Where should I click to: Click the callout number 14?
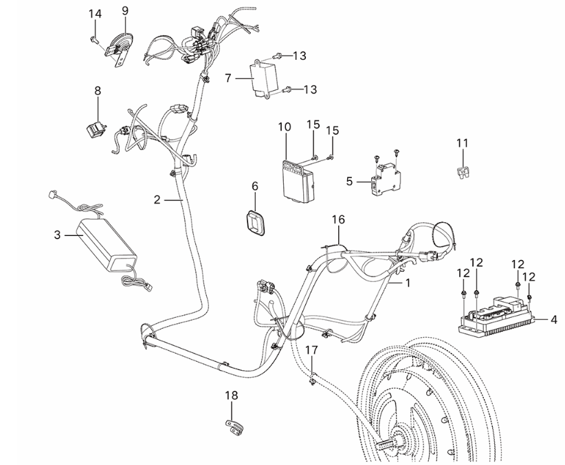pyautogui.click(x=95, y=14)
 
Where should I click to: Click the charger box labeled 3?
pyautogui.click(x=106, y=243)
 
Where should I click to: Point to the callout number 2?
pyautogui.click(x=157, y=200)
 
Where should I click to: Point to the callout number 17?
pyautogui.click(x=311, y=350)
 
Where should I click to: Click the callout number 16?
pyautogui.click(x=337, y=219)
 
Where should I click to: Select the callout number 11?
pyautogui.click(x=462, y=142)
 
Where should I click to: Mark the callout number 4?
pyautogui.click(x=553, y=320)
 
